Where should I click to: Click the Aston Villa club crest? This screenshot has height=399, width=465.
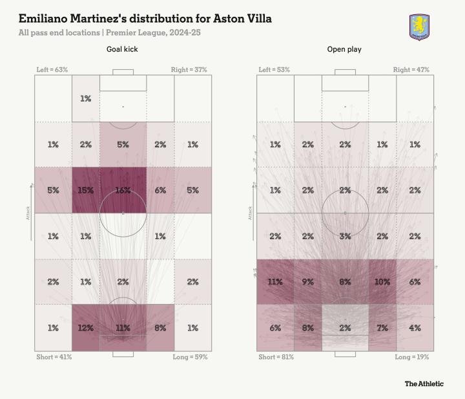420,27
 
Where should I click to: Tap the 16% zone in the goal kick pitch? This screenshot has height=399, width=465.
123,190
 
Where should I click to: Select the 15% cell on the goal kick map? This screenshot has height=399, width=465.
86,190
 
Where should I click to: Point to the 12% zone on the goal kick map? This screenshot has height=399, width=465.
86,328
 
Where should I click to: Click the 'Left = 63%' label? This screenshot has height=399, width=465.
52,69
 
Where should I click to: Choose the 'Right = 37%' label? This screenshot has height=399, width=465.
189,69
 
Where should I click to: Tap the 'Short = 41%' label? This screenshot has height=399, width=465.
53,357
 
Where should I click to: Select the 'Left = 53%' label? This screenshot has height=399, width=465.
274,69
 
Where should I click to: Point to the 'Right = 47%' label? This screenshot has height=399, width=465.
411,69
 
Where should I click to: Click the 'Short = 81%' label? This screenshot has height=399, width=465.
275,357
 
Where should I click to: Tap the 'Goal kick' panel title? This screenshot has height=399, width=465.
123,49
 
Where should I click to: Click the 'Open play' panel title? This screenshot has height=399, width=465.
345,49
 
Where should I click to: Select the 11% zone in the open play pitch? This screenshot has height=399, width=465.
275,282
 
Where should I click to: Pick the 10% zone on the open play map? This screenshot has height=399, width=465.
382,282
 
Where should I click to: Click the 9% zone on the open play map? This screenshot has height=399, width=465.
307,282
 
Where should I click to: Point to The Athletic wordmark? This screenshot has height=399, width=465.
424,383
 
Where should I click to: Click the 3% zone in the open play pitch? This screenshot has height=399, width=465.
345,236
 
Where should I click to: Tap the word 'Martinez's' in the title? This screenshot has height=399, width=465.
101,19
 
